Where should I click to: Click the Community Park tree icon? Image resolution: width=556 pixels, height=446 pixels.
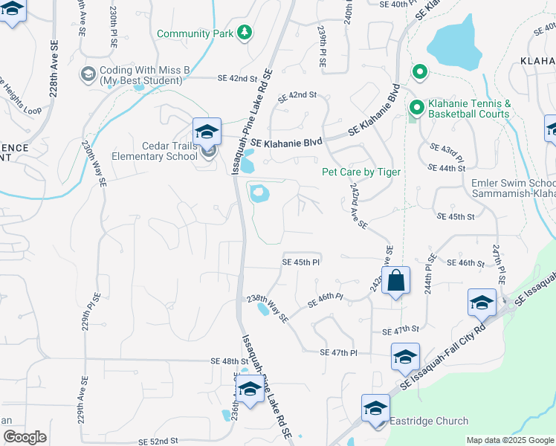click(244, 33)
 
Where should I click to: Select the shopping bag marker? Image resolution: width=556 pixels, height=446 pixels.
click(396, 282)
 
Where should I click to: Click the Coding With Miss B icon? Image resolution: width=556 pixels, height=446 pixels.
click(88, 74)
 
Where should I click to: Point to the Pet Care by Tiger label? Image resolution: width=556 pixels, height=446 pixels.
click(361, 172)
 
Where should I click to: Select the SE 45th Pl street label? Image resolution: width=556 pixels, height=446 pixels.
click(300, 262)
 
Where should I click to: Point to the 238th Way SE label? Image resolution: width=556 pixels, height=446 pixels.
click(267, 308)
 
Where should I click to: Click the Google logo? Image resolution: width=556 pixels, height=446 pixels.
click(25, 437)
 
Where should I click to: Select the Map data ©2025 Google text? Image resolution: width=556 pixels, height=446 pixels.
click(510, 440)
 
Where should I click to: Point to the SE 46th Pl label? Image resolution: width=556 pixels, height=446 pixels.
click(325, 301)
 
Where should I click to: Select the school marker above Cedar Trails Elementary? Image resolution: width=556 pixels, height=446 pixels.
click(207, 132)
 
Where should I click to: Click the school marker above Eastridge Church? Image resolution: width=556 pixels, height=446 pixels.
click(375, 408)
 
